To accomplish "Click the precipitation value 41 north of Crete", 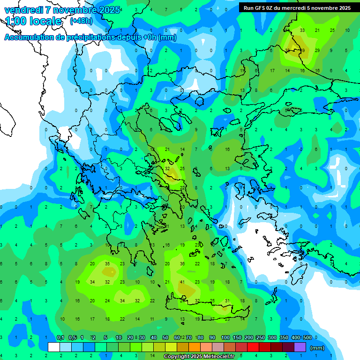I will coord(182,282).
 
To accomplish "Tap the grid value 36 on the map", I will coord(182,264).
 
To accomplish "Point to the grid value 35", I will coord(107,264).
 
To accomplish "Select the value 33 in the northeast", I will coord(302,30).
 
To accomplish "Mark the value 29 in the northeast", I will coord(317,50).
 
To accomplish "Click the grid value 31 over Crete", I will coord(227,300).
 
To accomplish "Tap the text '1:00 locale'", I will coord(34,21).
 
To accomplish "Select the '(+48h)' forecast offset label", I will coord(81,21).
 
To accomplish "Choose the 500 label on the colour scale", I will coord(307,338).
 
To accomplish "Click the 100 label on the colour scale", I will coord(225,338).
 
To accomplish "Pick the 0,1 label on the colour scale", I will coord(60,338).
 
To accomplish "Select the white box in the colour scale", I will coord(54,347).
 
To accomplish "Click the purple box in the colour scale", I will coord(300,347).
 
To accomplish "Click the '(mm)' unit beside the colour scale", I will coord(317,348).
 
